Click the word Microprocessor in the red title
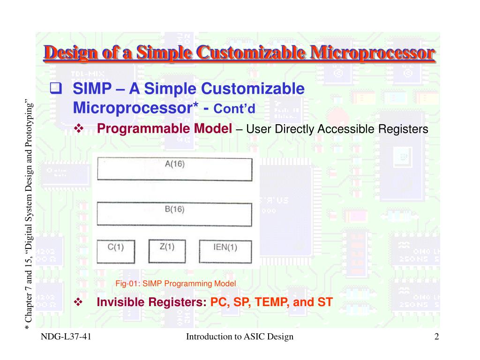pyautogui.click(x=372, y=52)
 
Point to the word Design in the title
pyautogui.click(x=70, y=53)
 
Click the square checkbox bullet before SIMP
pyautogui.click(x=56, y=88)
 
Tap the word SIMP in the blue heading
pyautogui.click(x=92, y=89)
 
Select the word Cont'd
pyautogui.click(x=234, y=109)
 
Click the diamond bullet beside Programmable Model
pyautogui.click(x=79, y=128)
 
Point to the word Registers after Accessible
pyautogui.click(x=403, y=129)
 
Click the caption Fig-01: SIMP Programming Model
pyautogui.click(x=175, y=284)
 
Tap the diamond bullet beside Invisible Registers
pyautogui.click(x=78, y=302)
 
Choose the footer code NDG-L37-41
pyautogui.click(x=66, y=337)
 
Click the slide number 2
pyautogui.click(x=436, y=337)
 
